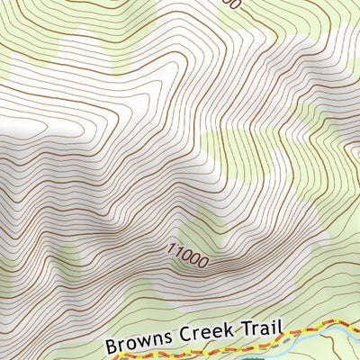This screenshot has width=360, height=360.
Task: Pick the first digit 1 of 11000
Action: pyautogui.click(x=168, y=247)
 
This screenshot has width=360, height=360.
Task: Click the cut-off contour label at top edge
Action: pyautogui.click(x=231, y=4)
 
